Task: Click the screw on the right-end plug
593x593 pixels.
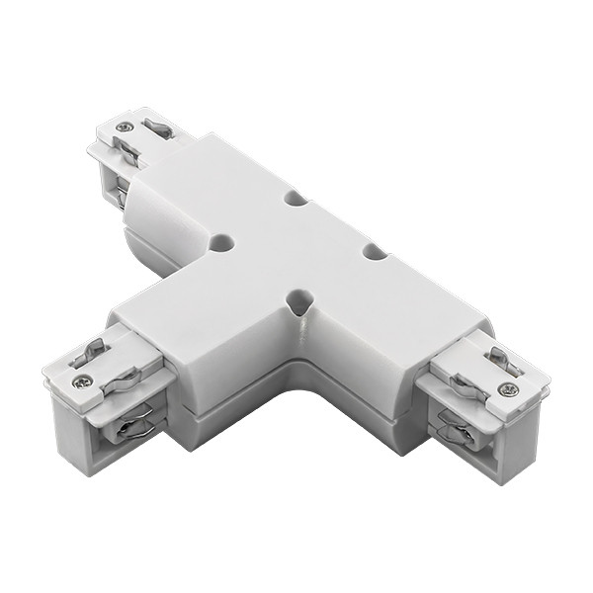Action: click(x=508, y=389)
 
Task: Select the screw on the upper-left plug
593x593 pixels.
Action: click(x=124, y=127)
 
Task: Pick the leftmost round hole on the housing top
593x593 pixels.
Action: click(x=221, y=241)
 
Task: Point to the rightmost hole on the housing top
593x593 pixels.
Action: click(x=374, y=252)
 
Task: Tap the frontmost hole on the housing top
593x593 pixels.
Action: click(x=298, y=298)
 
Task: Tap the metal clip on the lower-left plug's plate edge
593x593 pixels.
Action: click(x=121, y=376)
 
